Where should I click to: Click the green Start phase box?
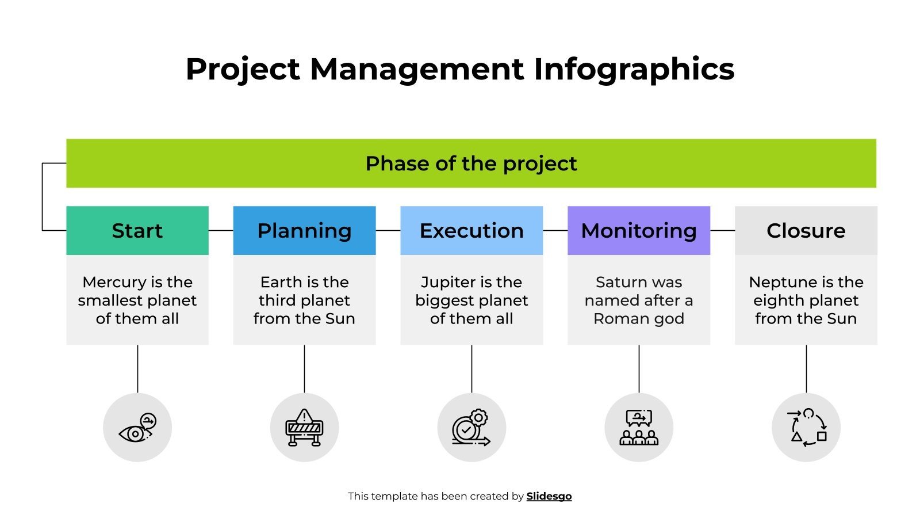137,230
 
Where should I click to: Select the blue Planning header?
304,230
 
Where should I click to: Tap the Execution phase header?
471,230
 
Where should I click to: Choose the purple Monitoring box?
638,230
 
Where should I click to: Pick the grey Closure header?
806,230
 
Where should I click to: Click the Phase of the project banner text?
471,163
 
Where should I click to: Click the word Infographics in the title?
634,69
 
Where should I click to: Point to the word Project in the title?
243,69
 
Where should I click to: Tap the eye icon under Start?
137,428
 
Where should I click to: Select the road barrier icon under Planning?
304,428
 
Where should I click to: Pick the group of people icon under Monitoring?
638,428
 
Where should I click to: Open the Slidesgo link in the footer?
549,496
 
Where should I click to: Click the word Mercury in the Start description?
114,282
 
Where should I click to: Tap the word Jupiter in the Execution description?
444,282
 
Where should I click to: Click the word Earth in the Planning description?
281,282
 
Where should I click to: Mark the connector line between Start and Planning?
221,230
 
